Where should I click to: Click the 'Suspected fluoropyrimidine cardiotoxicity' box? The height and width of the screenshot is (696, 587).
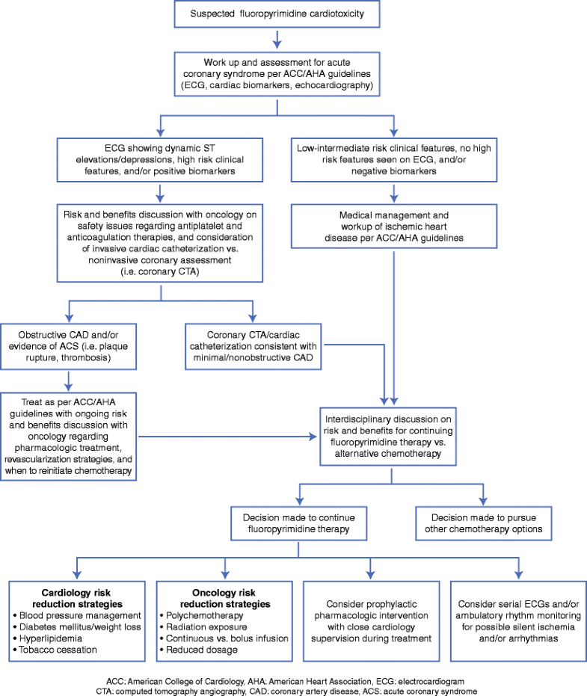(x=278, y=13)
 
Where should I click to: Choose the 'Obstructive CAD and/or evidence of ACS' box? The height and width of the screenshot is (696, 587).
(x=69, y=345)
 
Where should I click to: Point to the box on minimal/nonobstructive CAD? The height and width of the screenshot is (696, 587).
(x=253, y=345)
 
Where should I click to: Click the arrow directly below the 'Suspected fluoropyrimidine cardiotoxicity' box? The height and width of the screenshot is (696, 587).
(x=278, y=38)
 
